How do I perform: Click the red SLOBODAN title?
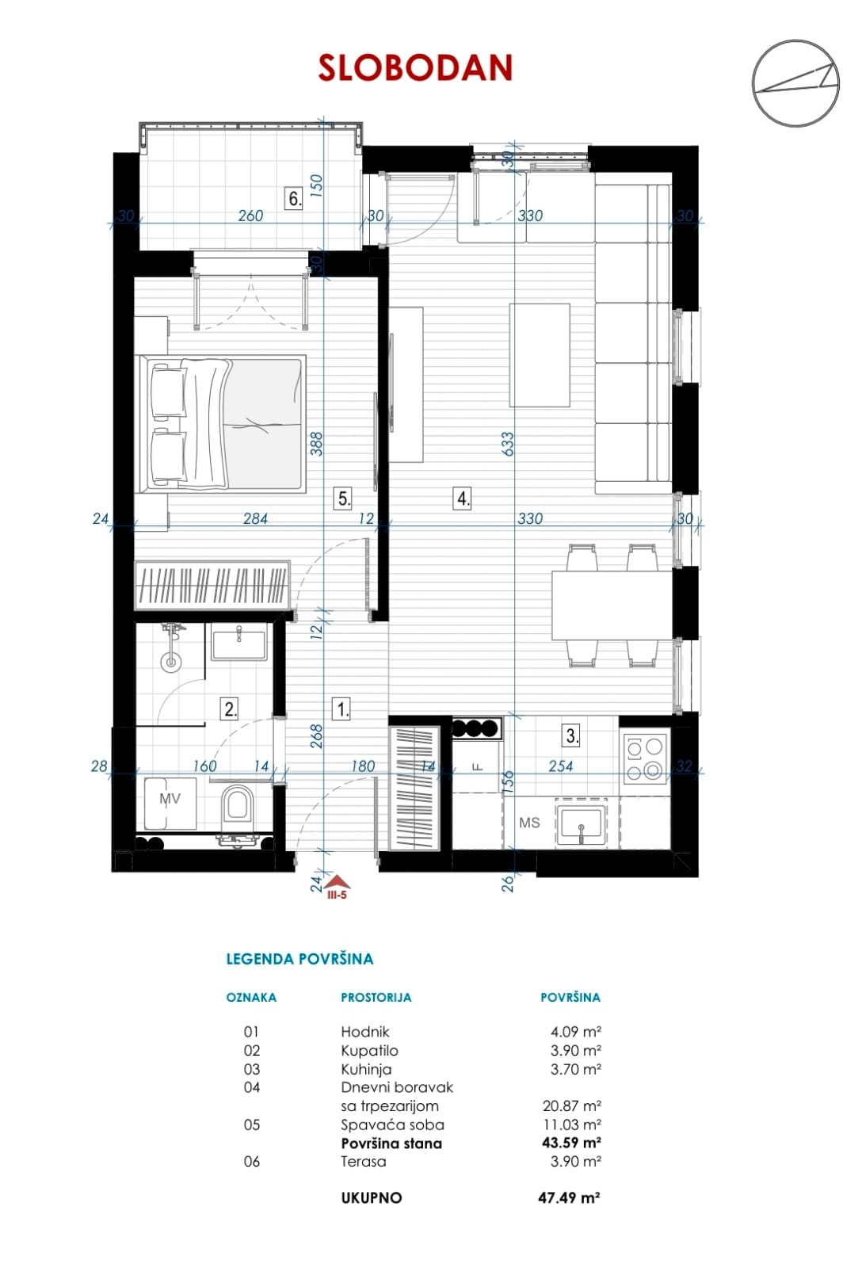pos(415,68)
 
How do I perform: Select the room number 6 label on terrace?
pos(294,199)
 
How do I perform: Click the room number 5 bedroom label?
pos(343,498)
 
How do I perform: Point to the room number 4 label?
pos(462,498)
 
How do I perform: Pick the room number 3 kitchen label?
pos(572,735)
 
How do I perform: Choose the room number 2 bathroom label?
pos(230,708)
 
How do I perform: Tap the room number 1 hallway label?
pos(342,708)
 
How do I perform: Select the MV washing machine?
pos(170,804)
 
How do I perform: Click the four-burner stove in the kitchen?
pos(645,758)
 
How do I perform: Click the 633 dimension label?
pos(508,444)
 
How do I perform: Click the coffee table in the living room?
pos(540,355)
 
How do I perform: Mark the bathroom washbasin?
pos(238,642)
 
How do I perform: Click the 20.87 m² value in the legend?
pos(571,1105)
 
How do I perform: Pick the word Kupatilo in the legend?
pos(369,1050)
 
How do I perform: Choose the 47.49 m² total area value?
pos(569,1197)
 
